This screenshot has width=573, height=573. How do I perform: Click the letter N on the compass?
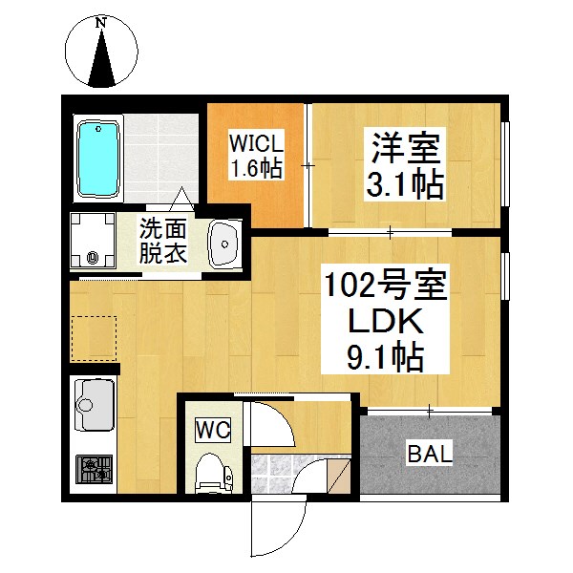[x=100, y=23]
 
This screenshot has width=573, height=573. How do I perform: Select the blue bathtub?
[x=98, y=159]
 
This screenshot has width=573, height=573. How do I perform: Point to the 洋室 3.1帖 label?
[x=405, y=168]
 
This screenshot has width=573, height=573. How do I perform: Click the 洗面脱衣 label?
[x=162, y=241]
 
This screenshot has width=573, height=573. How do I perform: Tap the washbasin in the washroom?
[x=224, y=244]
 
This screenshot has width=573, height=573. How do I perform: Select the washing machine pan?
[x=93, y=241]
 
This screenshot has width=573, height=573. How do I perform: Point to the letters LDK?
[x=386, y=322]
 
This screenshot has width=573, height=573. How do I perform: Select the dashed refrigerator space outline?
[x=94, y=338]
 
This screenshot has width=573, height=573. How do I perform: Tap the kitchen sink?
[x=95, y=405]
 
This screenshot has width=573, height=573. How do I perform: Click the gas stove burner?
[x=94, y=469]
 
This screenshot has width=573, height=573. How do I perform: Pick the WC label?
[x=213, y=431]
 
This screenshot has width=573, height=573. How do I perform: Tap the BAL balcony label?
[x=430, y=455]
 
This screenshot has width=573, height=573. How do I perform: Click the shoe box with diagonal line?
[x=338, y=477]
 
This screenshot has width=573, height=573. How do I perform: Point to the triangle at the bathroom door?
[x=182, y=200]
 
